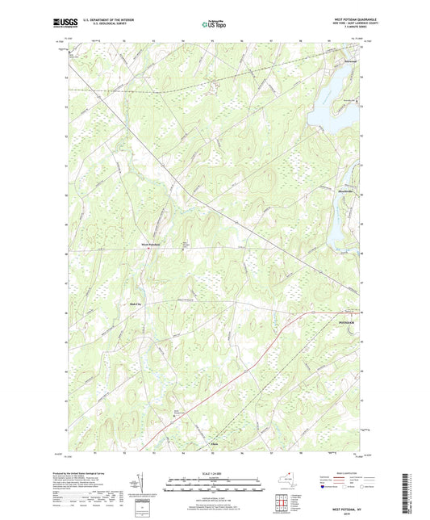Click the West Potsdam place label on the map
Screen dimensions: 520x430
[x=152, y=244]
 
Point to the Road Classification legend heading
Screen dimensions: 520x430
[x=341, y=474]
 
